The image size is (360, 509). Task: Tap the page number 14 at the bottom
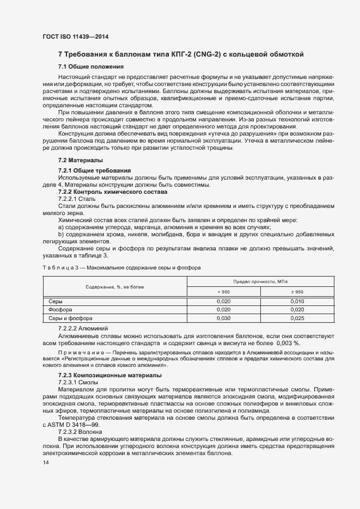click(x=45, y=463)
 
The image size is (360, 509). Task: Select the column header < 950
click(x=224, y=291)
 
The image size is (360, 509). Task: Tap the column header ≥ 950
click(x=297, y=291)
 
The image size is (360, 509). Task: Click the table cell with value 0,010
click(x=297, y=301)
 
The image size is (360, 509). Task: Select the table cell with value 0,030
click(x=224, y=318)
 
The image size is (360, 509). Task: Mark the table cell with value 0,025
click(x=297, y=318)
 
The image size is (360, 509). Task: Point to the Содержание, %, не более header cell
click(x=114, y=286)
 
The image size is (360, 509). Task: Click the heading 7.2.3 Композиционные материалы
click(x=109, y=376)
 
